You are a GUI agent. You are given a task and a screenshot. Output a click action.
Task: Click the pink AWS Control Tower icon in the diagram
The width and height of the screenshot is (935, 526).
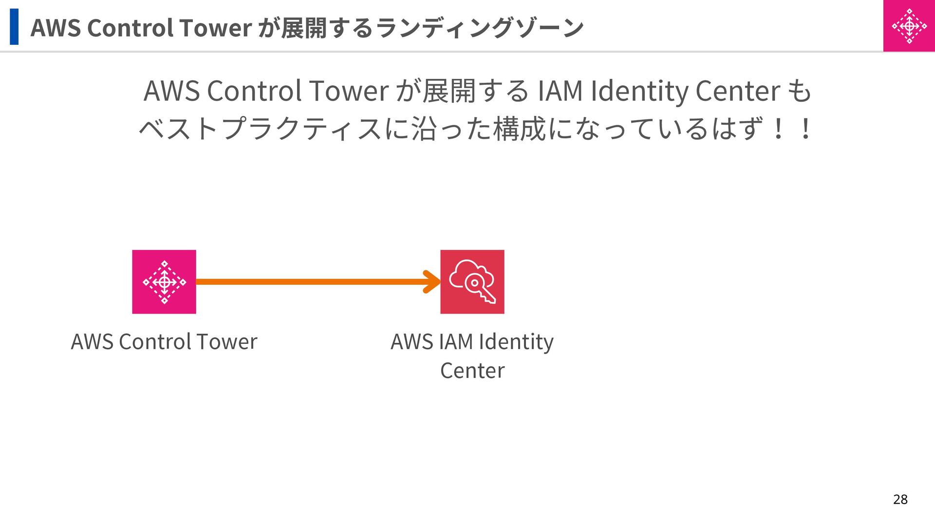pyautogui.click(x=164, y=282)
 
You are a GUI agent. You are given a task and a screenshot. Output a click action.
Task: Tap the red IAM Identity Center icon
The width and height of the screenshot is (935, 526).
pyautogui.click(x=472, y=282)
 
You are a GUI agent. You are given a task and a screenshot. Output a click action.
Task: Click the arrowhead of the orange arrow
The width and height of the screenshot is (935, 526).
pyautogui.click(x=432, y=282)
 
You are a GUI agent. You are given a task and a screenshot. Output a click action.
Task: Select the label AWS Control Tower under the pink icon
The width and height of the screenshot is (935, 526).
pyautogui.click(x=164, y=341)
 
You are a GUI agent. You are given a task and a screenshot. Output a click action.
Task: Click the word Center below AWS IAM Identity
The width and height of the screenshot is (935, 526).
pyautogui.click(x=472, y=371)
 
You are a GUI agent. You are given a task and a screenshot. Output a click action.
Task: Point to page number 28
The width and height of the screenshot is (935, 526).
pyautogui.click(x=900, y=499)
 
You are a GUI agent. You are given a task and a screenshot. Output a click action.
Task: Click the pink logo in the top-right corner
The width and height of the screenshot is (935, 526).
pyautogui.click(x=909, y=26)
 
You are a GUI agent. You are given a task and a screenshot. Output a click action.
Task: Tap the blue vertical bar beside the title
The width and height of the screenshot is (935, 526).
pyautogui.click(x=14, y=27)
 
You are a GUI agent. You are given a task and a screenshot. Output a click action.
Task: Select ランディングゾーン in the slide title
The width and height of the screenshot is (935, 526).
pyautogui.click(x=480, y=28)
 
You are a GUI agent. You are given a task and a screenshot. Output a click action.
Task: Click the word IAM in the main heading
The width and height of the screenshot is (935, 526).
pyautogui.click(x=560, y=91)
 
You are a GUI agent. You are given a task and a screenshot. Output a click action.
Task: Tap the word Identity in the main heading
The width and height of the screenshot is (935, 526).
pyautogui.click(x=639, y=91)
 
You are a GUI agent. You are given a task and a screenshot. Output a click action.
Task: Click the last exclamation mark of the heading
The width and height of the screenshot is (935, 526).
pyautogui.click(x=806, y=129)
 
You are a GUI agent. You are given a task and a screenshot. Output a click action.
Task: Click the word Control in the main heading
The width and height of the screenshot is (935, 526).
pyautogui.click(x=254, y=91)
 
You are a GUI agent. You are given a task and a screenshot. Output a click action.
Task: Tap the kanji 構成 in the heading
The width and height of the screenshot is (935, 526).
pyautogui.click(x=519, y=129)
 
